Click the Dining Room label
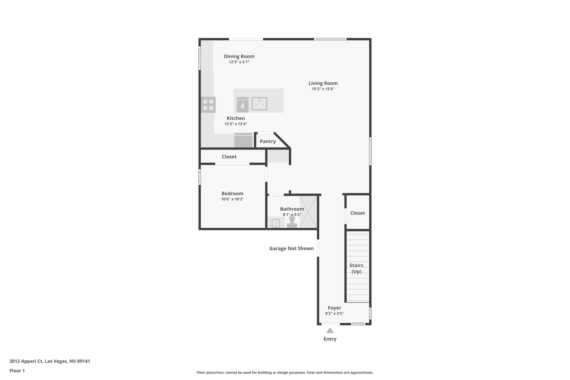(x=239, y=56)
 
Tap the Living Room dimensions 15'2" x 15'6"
(x=323, y=89)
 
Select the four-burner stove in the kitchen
(x=208, y=105)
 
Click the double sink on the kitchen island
(x=259, y=104)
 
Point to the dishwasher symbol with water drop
(x=242, y=105)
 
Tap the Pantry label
(x=268, y=141)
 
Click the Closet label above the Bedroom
(x=229, y=157)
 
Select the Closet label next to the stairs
(x=357, y=213)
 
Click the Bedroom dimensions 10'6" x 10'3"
(x=232, y=199)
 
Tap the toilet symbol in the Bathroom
(x=292, y=222)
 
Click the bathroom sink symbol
(x=275, y=223)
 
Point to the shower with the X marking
(x=308, y=212)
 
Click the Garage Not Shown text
(x=291, y=249)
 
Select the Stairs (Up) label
(x=356, y=268)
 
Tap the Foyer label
(x=334, y=308)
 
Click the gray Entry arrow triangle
(x=330, y=331)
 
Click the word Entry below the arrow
(x=330, y=339)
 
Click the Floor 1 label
(x=17, y=371)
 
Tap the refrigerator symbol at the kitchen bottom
(x=243, y=140)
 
